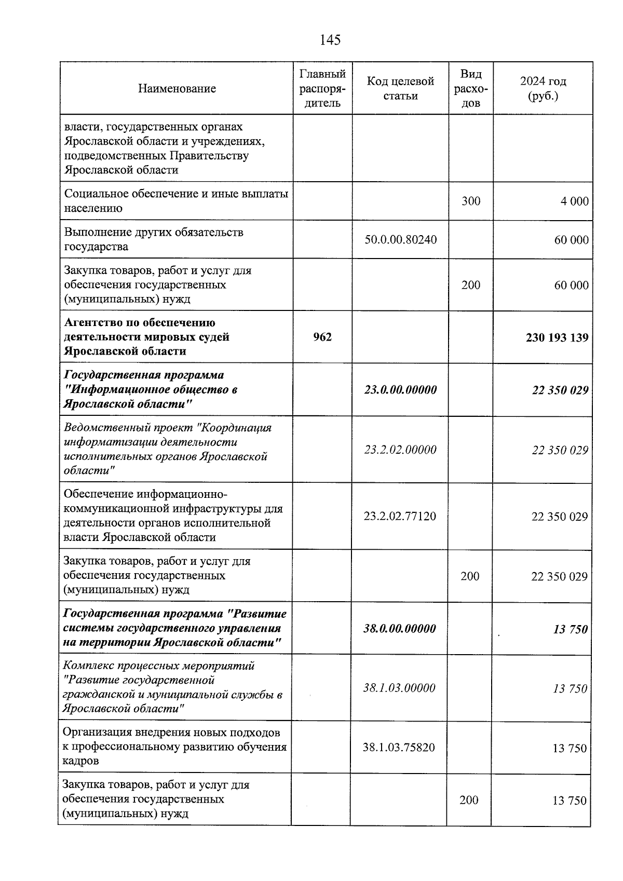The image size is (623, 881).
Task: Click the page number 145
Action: pyautogui.click(x=330, y=40)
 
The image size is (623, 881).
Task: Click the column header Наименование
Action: pyautogui.click(x=177, y=89)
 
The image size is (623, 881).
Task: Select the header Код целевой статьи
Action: pyautogui.click(x=400, y=88)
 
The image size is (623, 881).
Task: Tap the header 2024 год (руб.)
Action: pyautogui.click(x=543, y=88)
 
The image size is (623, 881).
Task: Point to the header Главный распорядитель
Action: pyautogui.click(x=322, y=88)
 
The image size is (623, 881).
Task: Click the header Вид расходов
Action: pyautogui.click(x=470, y=88)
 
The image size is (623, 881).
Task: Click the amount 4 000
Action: pyautogui.click(x=574, y=201)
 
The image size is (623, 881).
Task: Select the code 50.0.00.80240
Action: pyautogui.click(x=400, y=240)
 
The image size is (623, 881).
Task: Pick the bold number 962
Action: pyautogui.click(x=322, y=337)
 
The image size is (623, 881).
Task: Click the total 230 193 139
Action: pyautogui.click(x=557, y=338)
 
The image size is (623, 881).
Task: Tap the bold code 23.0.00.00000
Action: pyautogui.click(x=400, y=390)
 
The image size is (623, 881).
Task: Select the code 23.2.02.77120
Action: pyautogui.click(x=400, y=516)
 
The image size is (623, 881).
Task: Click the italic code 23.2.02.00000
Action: pyautogui.click(x=400, y=450)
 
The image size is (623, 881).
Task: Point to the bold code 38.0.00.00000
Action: pyautogui.click(x=399, y=629)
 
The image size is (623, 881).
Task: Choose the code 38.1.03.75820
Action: pyautogui.click(x=399, y=748)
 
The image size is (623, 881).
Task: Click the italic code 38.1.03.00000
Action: pyautogui.click(x=399, y=688)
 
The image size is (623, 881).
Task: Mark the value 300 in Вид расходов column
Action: pyautogui.click(x=471, y=201)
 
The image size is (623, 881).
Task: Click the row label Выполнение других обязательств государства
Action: pyautogui.click(x=154, y=239)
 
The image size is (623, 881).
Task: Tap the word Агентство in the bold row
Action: pyautogui.click(x=90, y=323)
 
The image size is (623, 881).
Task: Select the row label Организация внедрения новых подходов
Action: pyautogui.click(x=171, y=733)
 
